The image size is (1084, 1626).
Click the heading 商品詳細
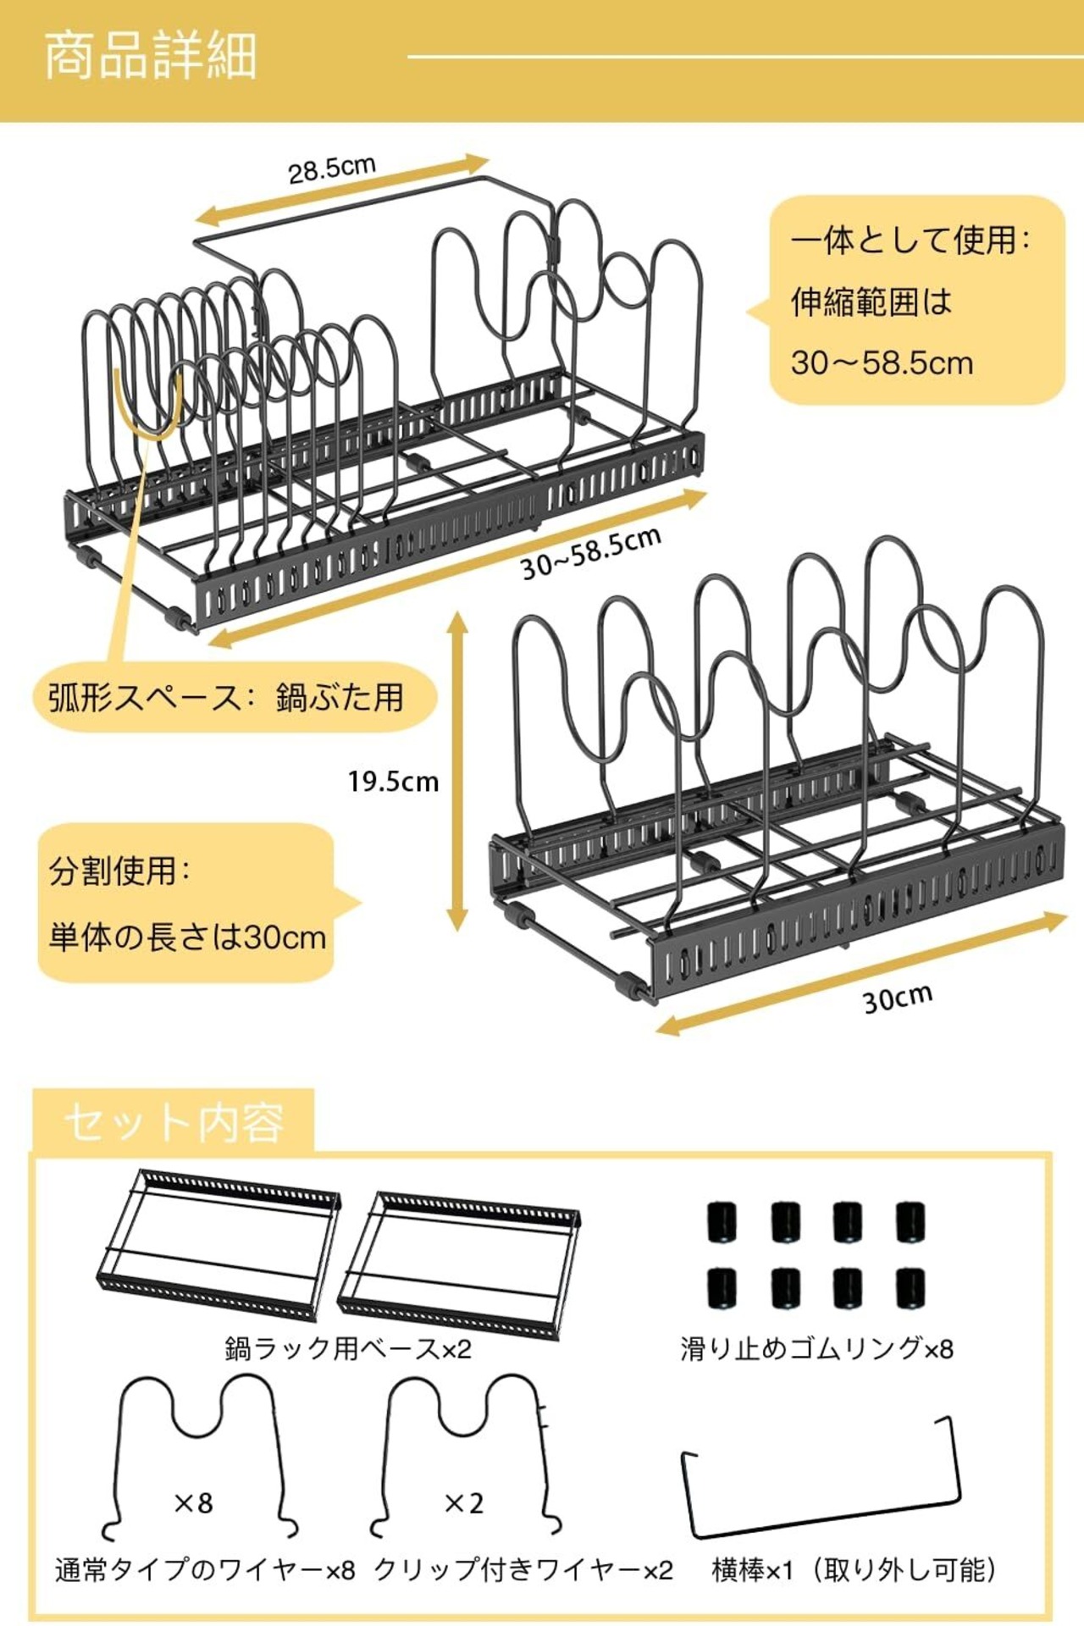point(150,57)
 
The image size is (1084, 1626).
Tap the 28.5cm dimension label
point(331,169)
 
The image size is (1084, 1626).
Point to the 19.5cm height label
point(393,781)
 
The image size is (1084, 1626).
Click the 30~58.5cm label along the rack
point(590,554)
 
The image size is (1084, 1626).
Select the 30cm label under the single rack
point(897,998)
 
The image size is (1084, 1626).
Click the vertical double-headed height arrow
point(457,771)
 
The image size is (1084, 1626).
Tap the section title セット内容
point(174,1123)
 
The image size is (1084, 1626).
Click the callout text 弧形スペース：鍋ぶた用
point(226,698)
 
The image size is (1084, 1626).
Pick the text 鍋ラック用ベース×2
point(348,1348)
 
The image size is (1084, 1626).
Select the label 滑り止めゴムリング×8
point(816,1348)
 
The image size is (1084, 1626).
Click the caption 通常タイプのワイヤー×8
point(205,1570)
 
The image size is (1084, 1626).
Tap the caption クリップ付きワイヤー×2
point(523,1570)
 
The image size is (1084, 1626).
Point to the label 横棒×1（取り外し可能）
point(853,1570)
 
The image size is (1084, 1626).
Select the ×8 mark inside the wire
point(193,1502)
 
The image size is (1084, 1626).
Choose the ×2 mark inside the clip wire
point(464,1502)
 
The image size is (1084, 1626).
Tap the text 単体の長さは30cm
point(187,937)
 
